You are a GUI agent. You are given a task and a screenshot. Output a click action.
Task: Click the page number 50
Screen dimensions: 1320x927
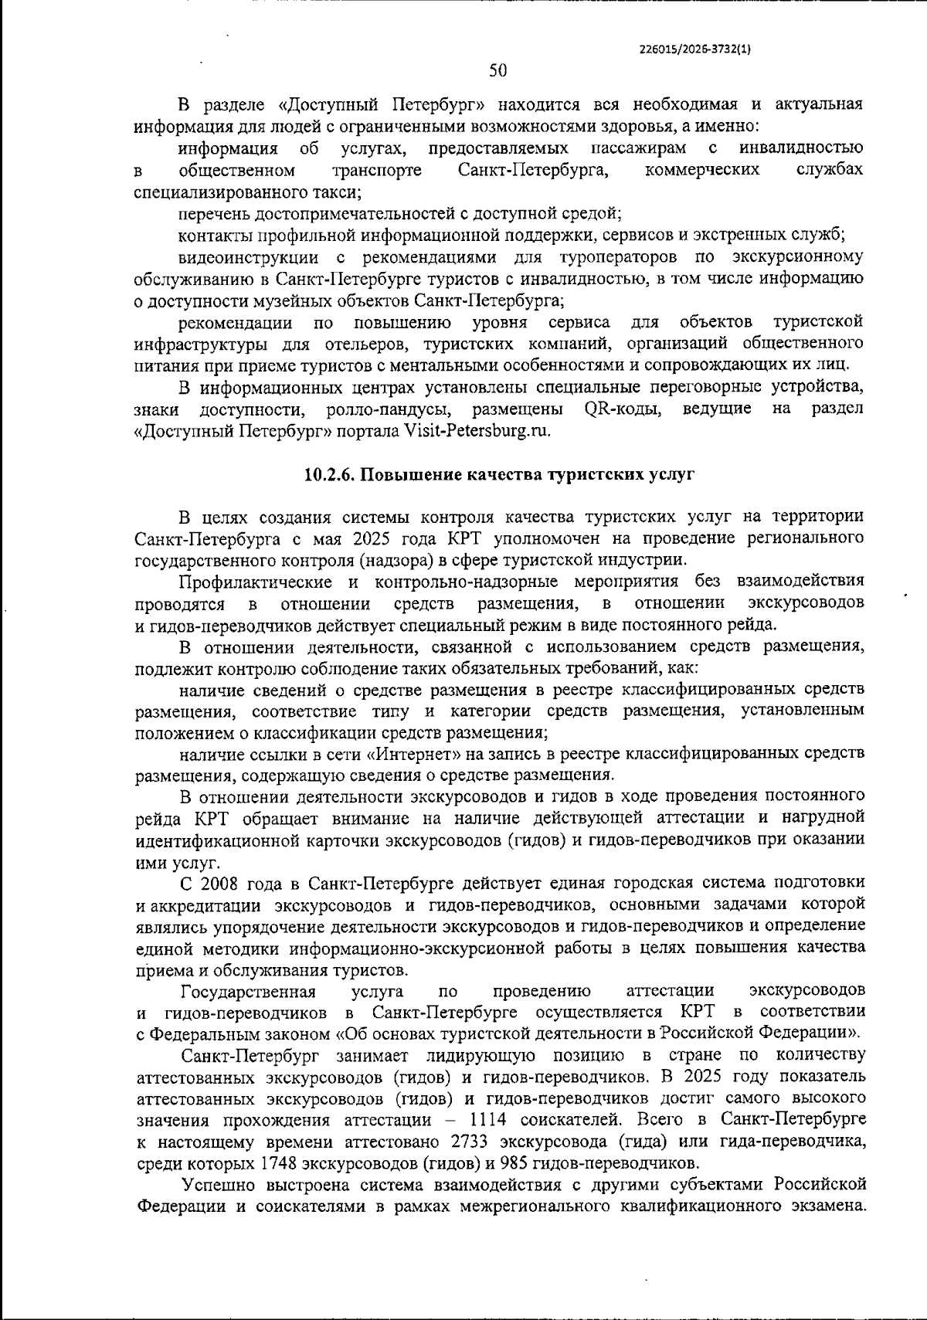click(498, 70)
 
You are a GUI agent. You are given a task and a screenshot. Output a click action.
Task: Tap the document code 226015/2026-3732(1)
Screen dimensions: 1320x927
click(696, 48)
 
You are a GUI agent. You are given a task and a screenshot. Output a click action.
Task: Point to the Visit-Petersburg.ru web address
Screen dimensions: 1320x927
click(477, 431)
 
